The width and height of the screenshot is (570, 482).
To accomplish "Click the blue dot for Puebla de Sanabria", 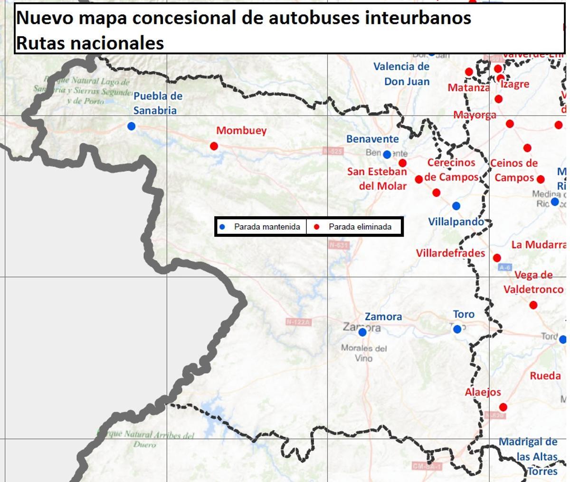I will [132, 126].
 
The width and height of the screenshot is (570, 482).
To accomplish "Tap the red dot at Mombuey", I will [214, 146].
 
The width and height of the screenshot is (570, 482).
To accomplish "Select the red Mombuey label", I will [241, 131].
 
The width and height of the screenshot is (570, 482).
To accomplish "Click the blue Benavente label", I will [372, 139].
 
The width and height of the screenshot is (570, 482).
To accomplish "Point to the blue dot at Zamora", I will [362, 332].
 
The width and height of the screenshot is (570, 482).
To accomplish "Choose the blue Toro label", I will [464, 314].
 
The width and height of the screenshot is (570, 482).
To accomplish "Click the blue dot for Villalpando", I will [456, 206].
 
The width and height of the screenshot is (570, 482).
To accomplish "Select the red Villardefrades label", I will [450, 253].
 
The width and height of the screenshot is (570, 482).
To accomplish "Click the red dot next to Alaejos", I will [503, 407].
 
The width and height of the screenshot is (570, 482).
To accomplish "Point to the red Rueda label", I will [545, 376].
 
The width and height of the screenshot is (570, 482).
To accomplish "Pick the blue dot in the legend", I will [222, 227].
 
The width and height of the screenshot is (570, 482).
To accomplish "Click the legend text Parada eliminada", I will [360, 227].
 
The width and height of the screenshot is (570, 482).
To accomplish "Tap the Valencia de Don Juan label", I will [401, 74].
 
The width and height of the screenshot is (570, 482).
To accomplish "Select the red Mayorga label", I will [475, 115].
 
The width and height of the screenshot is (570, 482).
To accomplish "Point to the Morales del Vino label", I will [364, 353].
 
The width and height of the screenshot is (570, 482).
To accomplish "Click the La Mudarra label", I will [539, 245].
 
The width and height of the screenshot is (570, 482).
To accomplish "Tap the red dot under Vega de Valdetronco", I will [533, 305].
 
